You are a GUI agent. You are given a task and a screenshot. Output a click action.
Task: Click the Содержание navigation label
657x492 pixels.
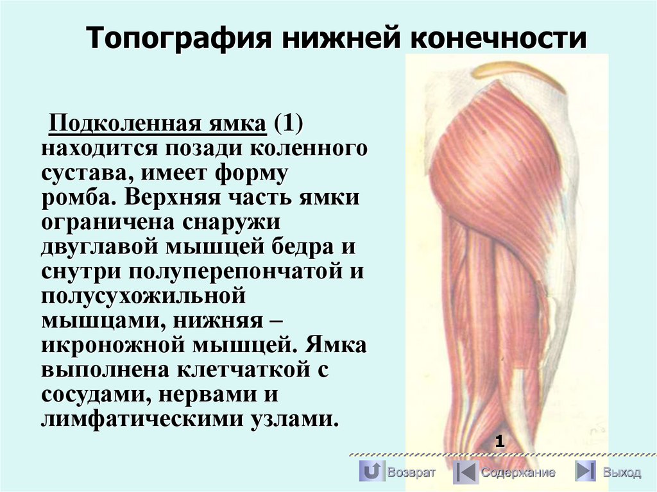[518, 473]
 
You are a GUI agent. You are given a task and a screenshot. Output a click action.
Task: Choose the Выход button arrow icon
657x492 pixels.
[584, 471]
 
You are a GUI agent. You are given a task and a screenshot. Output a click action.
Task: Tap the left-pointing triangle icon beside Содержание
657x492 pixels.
[465, 472]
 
